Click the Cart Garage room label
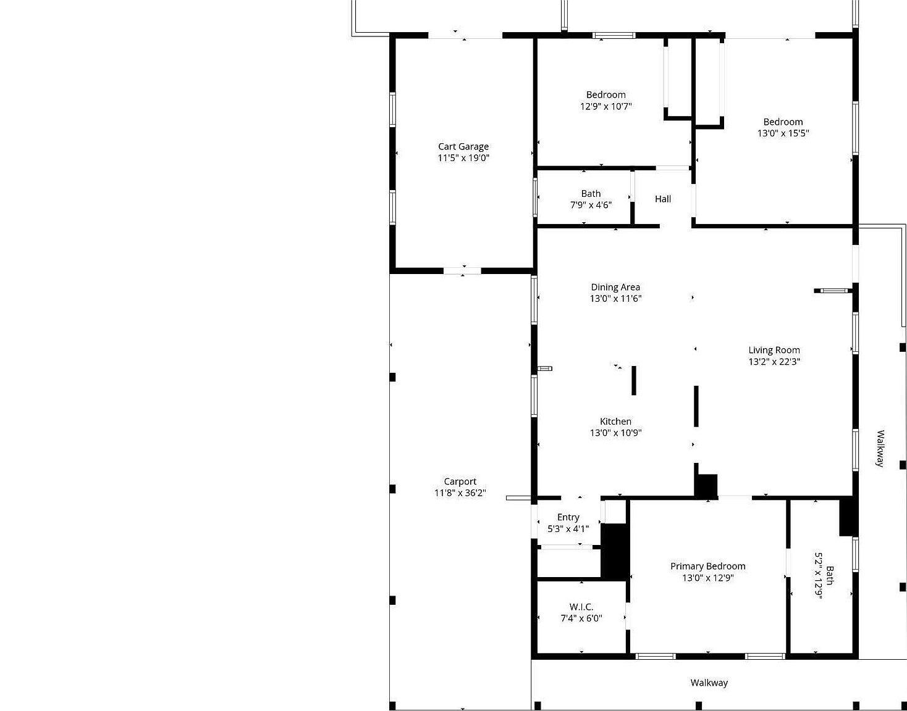point(463,146)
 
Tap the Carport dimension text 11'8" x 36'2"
point(460,493)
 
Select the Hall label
point(663,199)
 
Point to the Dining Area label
point(615,287)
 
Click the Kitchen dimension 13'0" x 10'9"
point(615,433)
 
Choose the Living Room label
point(774,350)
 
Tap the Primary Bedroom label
point(708,566)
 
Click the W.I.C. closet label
point(581,607)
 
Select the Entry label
point(568,517)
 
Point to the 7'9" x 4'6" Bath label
point(591,194)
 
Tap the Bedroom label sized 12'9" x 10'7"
point(606,94)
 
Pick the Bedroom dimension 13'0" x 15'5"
point(783,133)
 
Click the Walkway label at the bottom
point(709,683)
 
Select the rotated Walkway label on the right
point(880,449)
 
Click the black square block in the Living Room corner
point(706,485)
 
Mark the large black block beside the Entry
point(615,551)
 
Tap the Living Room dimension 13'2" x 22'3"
point(774,362)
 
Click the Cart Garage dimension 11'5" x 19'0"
point(463,158)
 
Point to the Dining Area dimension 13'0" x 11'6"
point(615,299)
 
